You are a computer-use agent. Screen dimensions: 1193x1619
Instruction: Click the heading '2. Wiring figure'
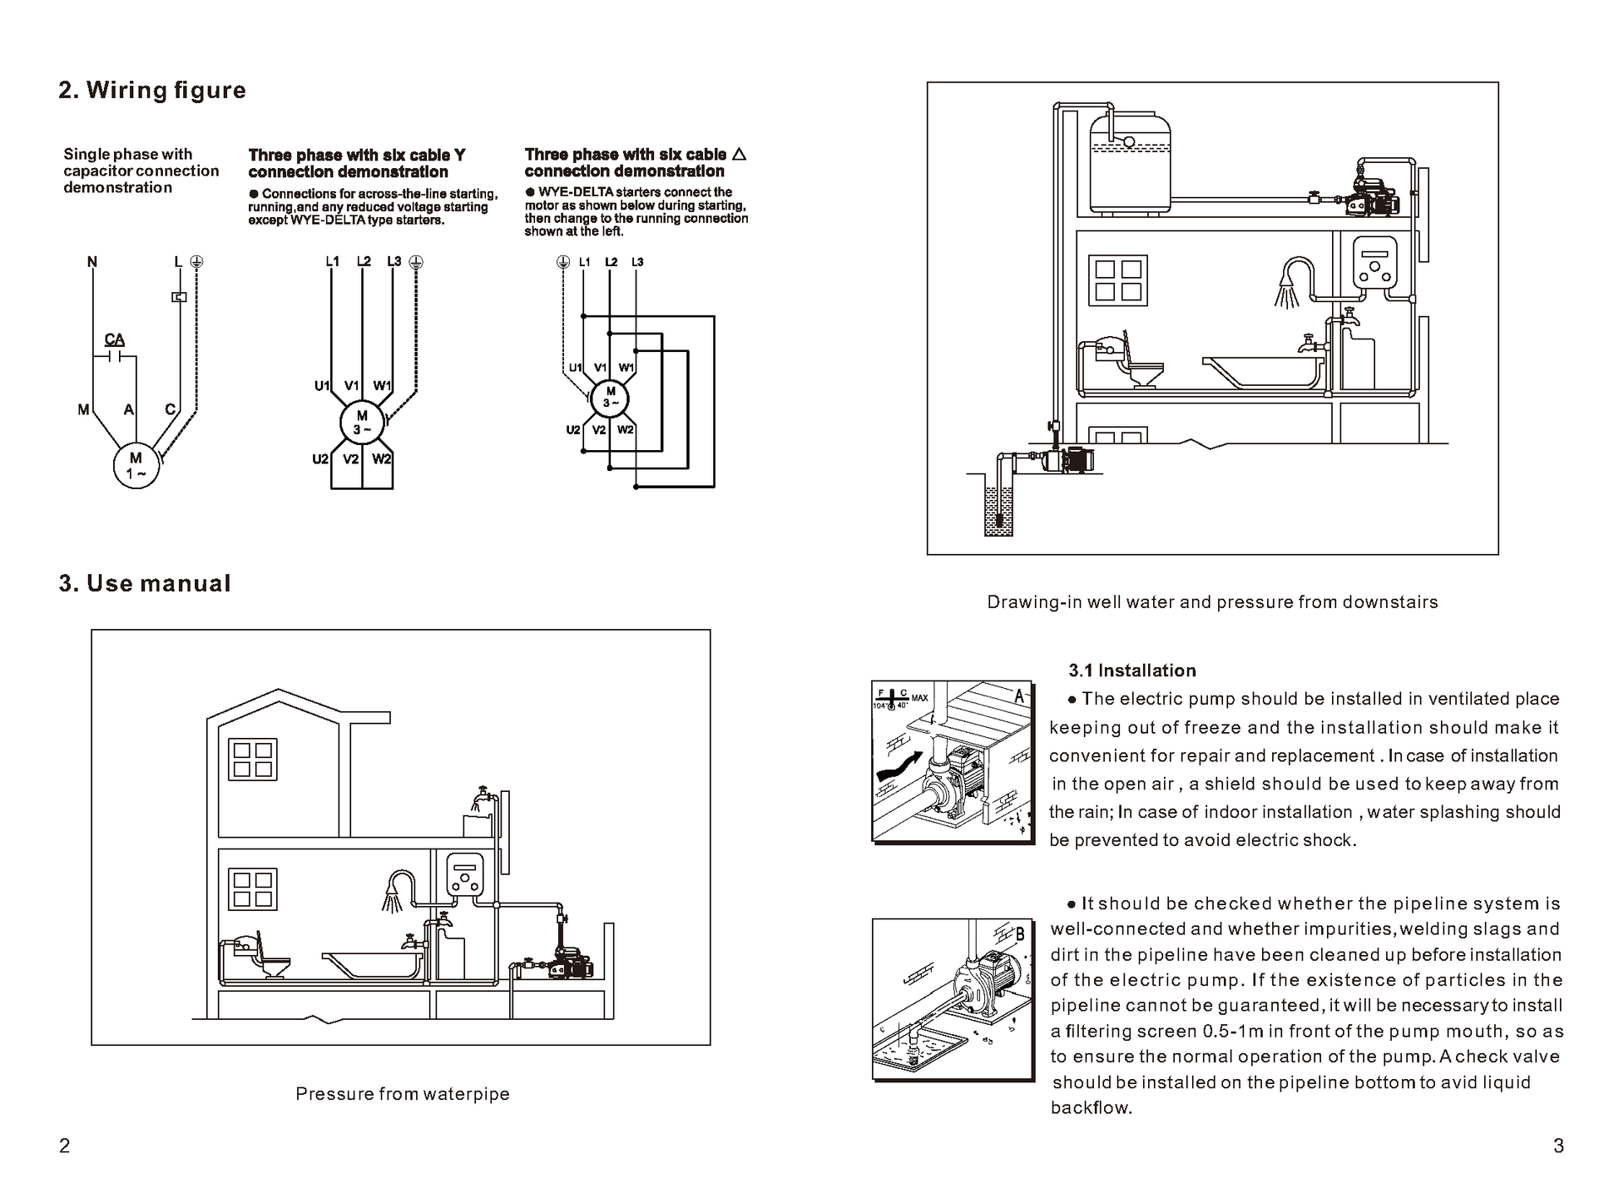pos(152,90)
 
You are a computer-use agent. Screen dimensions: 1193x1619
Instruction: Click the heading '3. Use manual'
pos(145,583)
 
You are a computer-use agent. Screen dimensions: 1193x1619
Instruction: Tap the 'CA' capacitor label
pos(115,339)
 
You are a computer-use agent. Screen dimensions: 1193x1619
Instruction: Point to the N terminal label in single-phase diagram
pos(92,262)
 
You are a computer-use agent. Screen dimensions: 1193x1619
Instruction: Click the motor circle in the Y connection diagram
pos(362,423)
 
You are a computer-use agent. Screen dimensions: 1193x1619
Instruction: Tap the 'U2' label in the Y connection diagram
pos(320,459)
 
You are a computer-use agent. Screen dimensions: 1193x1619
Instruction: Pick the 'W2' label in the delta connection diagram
pos(626,430)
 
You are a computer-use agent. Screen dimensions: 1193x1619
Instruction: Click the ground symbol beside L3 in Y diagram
pos(416,262)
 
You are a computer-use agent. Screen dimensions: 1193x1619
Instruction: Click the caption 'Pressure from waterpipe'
pos(403,1094)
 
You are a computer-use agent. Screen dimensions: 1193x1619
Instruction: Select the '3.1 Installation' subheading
pos(1132,671)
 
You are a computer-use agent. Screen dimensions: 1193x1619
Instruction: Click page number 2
pos(65,1146)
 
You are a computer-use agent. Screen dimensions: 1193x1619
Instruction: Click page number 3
pos(1558,1146)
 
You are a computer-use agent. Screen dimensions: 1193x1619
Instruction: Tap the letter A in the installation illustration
pos(1019,696)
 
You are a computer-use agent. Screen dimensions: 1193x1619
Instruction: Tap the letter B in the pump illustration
pos(1020,933)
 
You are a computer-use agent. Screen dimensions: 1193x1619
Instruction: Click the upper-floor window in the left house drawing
pos(252,759)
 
